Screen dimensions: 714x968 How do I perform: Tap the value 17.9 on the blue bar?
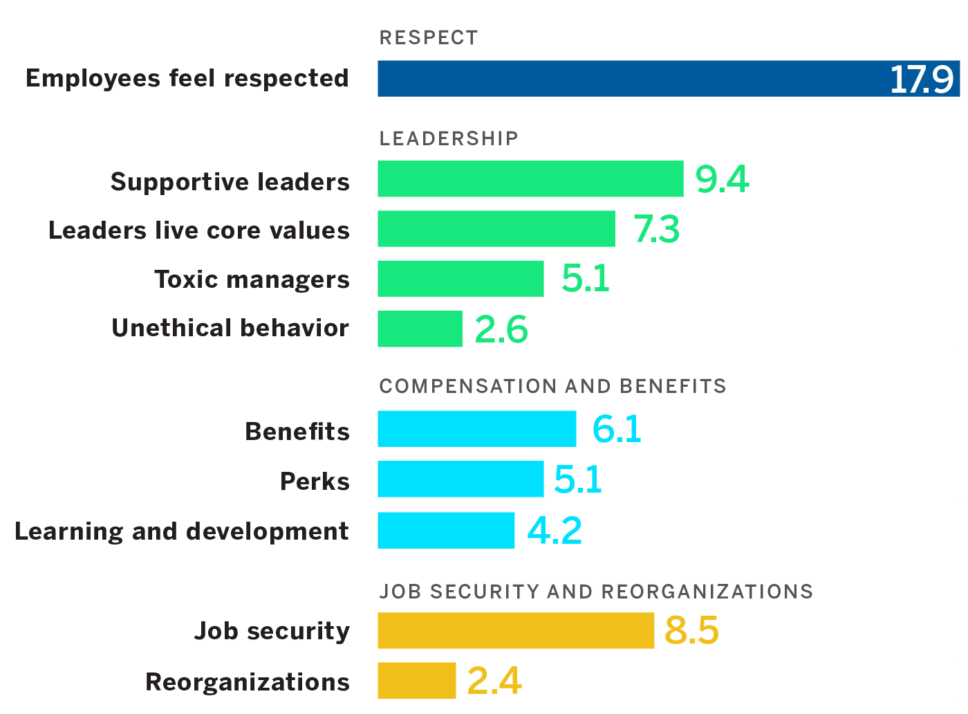pos(921,80)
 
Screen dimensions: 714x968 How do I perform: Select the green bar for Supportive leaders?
pos(530,179)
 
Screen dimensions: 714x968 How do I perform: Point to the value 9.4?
pos(722,180)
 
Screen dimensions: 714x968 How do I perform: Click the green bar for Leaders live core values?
pos(496,229)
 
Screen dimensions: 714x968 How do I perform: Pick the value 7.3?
pos(656,230)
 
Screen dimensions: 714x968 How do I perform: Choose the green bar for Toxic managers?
pos(460,279)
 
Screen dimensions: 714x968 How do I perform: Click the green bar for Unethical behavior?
pos(420,329)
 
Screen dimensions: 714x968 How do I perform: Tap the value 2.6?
pos(501,329)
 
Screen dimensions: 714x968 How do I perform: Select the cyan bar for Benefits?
pos(476,429)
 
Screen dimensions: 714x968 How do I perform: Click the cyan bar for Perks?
pos(460,479)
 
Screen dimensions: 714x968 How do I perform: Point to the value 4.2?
pos(554,531)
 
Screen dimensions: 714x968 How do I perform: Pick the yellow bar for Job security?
pos(516,630)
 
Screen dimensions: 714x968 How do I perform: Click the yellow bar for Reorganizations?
pos(416,681)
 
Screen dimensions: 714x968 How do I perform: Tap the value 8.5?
pos(691,631)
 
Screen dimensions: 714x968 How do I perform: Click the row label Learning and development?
pos(181,531)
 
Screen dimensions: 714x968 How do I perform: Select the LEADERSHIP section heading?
pos(449,138)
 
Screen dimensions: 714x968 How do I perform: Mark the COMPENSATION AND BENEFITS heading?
pos(552,386)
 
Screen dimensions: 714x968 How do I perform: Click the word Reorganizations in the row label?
pos(247,682)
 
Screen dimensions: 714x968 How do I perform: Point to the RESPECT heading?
pos(429,37)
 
